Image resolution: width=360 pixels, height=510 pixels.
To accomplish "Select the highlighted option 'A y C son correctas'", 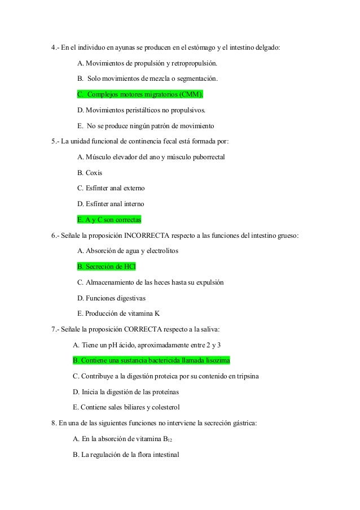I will click(109, 219).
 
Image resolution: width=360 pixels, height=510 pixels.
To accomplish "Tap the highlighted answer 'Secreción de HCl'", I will click(107, 266).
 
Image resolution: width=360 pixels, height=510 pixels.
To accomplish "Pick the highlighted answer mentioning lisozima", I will click(152, 360).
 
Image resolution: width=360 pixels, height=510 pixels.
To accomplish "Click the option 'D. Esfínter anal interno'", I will click(111, 203).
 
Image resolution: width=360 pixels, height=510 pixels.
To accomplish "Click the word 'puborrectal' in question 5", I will click(207, 156).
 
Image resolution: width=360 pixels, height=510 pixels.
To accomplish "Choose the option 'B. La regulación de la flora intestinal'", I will click(126, 454).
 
